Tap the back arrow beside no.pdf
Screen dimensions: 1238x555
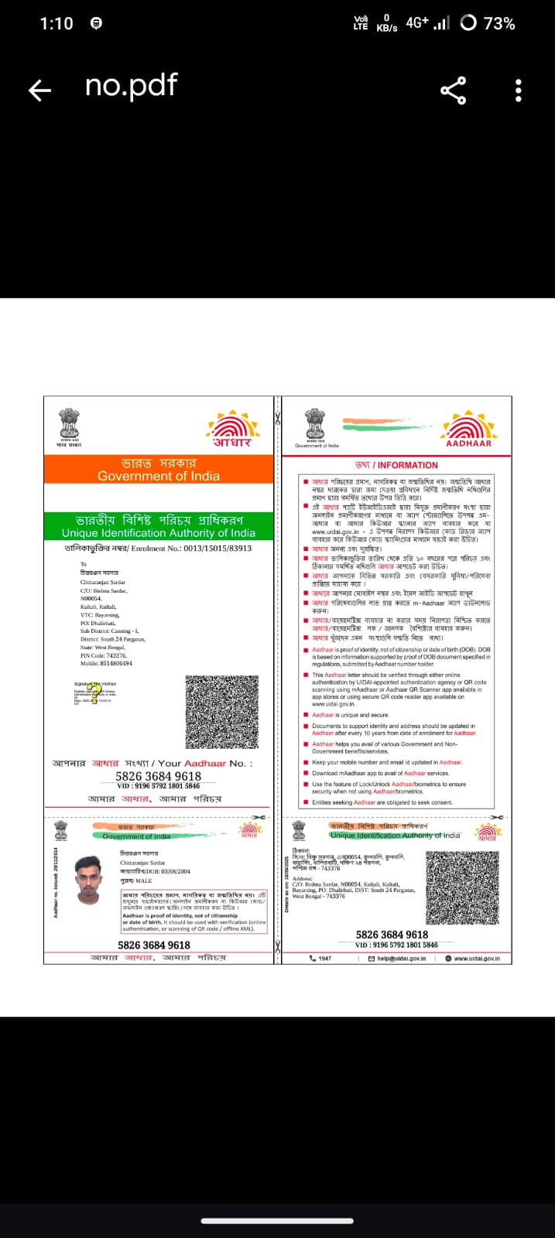[39, 91]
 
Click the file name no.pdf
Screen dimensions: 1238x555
[131, 85]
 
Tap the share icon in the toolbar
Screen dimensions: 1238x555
[454, 91]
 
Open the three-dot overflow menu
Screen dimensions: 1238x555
[518, 91]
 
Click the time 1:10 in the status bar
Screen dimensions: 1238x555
[57, 23]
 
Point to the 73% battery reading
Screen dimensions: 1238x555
[498, 23]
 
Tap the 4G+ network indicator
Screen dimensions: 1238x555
[417, 23]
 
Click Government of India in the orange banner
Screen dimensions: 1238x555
[158, 477]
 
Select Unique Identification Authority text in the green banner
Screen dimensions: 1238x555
[159, 533]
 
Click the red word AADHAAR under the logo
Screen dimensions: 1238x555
[468, 443]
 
